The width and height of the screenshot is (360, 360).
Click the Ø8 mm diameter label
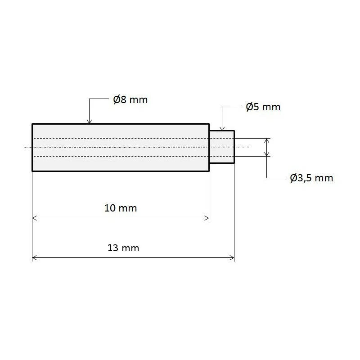click(x=130, y=99)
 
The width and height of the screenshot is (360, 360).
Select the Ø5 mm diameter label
click(x=263, y=107)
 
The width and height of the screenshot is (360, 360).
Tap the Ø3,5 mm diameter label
click(x=311, y=178)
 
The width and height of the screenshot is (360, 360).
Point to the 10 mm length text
click(x=120, y=208)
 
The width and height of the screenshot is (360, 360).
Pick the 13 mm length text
click(x=123, y=248)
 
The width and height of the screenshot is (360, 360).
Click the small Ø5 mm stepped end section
click(x=222, y=147)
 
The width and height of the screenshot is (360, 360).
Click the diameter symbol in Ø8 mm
click(x=117, y=99)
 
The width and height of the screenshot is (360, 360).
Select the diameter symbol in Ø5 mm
click(x=250, y=107)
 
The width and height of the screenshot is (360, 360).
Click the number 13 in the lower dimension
click(x=113, y=248)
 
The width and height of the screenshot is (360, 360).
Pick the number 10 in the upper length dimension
click(x=110, y=208)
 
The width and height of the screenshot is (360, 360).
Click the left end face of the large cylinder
click(x=32, y=147)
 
